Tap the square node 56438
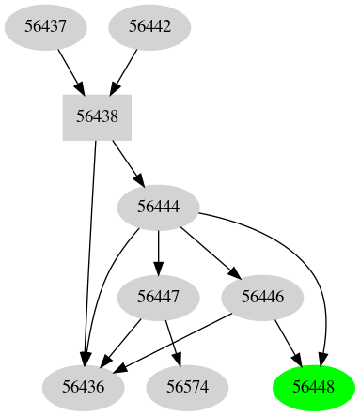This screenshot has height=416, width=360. click(x=96, y=117)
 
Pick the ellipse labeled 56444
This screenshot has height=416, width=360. click(x=158, y=207)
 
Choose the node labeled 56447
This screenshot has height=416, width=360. click(x=158, y=298)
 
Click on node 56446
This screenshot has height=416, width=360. click(x=262, y=298)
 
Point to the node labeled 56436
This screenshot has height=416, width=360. click(x=84, y=386)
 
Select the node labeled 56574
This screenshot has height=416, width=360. click(x=188, y=386)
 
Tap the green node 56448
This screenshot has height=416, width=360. click(x=313, y=386)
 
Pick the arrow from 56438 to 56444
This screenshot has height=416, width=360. click(x=126, y=162)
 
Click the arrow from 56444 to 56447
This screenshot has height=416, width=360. click(x=158, y=252)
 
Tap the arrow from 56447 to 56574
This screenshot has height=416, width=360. click(x=173, y=342)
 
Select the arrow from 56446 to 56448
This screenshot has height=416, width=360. click(x=288, y=342)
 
